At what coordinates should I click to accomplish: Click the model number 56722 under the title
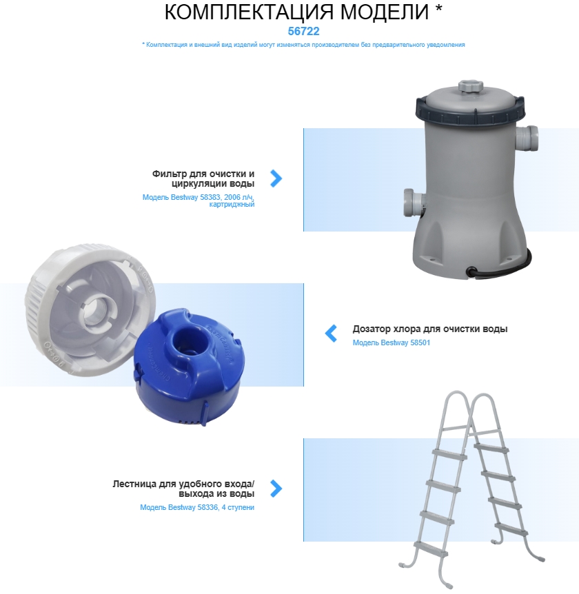click(x=303, y=31)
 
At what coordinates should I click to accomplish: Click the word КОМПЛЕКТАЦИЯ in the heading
click(x=249, y=12)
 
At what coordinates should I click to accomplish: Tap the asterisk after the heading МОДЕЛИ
click(x=438, y=8)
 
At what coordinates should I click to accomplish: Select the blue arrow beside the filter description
click(x=276, y=178)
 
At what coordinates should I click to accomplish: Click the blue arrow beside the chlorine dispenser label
click(x=331, y=334)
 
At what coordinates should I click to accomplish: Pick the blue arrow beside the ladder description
click(x=276, y=489)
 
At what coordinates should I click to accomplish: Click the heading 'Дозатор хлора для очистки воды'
click(x=430, y=329)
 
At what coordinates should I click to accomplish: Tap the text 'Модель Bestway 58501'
click(x=392, y=342)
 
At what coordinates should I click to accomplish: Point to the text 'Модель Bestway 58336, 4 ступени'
click(x=197, y=507)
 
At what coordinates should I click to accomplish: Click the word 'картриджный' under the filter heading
click(x=232, y=205)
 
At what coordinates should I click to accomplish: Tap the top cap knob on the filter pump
click(x=470, y=86)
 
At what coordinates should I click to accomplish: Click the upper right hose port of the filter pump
click(x=527, y=139)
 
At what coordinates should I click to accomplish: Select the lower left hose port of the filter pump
click(x=414, y=203)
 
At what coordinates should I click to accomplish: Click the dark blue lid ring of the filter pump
click(x=471, y=112)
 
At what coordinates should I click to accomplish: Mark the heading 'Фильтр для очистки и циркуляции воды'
click(x=203, y=178)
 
